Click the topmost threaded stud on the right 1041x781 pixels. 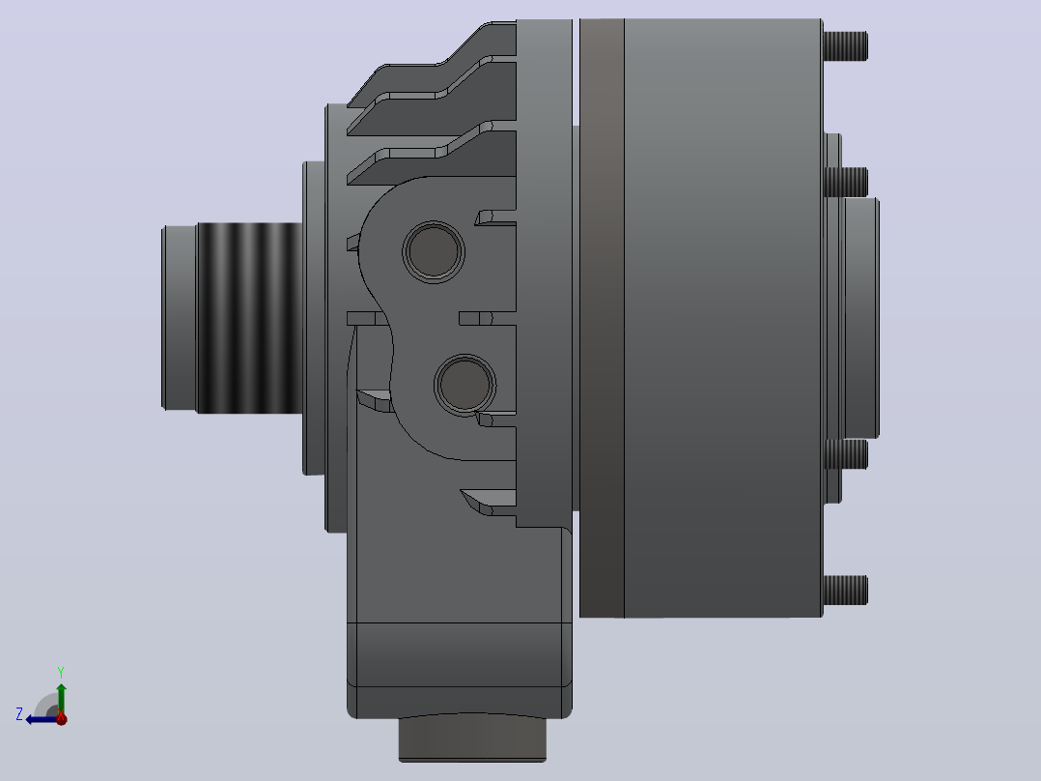[x=845, y=45]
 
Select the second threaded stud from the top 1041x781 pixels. [x=845, y=182]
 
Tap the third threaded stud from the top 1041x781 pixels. [x=845, y=454]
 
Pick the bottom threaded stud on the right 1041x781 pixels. [x=845, y=591]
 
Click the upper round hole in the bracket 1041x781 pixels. [x=434, y=252]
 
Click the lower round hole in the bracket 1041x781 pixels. [x=464, y=385]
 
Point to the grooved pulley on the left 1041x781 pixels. [x=249, y=318]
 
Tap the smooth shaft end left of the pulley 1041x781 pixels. [x=180, y=318]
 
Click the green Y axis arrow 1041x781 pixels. [x=61, y=698]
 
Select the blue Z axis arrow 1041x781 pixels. [x=43, y=719]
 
